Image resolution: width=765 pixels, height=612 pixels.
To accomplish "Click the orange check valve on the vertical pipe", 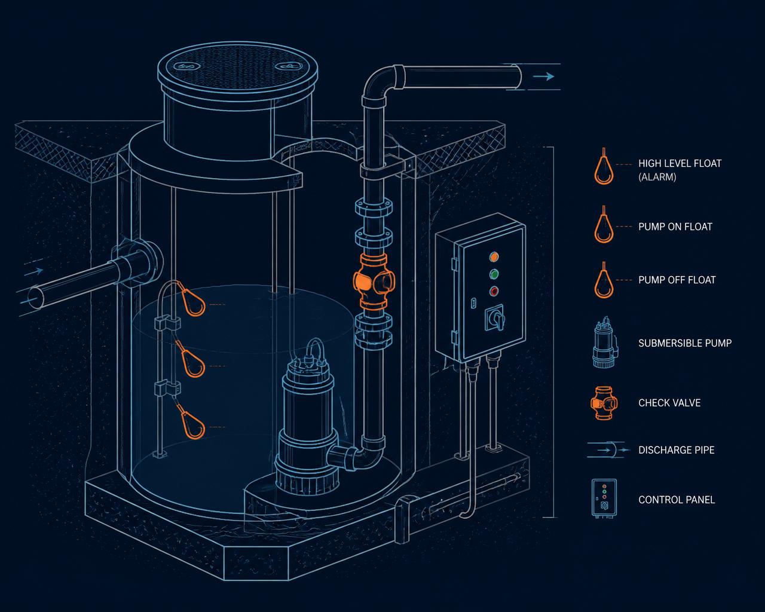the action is (x=374, y=281).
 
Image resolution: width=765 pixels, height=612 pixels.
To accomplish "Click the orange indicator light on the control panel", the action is (x=494, y=256).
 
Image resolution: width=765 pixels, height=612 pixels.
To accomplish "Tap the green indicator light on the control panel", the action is (x=494, y=274).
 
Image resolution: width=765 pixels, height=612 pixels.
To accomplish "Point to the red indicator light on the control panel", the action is (x=494, y=291).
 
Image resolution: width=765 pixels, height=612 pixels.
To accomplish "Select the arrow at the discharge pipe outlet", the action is (x=543, y=76).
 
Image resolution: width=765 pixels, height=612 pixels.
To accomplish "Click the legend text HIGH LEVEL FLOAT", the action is (x=680, y=164).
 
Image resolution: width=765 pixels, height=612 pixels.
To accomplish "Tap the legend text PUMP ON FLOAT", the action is (x=675, y=227).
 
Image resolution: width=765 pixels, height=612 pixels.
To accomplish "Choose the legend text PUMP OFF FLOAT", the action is (x=677, y=280).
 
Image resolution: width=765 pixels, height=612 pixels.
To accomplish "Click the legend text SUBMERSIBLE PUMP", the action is (x=685, y=343).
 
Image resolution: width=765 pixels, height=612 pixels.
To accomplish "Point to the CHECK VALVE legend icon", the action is (x=604, y=403).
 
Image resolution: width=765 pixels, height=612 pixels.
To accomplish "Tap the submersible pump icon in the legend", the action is (x=605, y=342).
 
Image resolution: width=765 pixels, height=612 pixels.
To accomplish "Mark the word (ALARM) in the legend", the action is (x=657, y=177).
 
